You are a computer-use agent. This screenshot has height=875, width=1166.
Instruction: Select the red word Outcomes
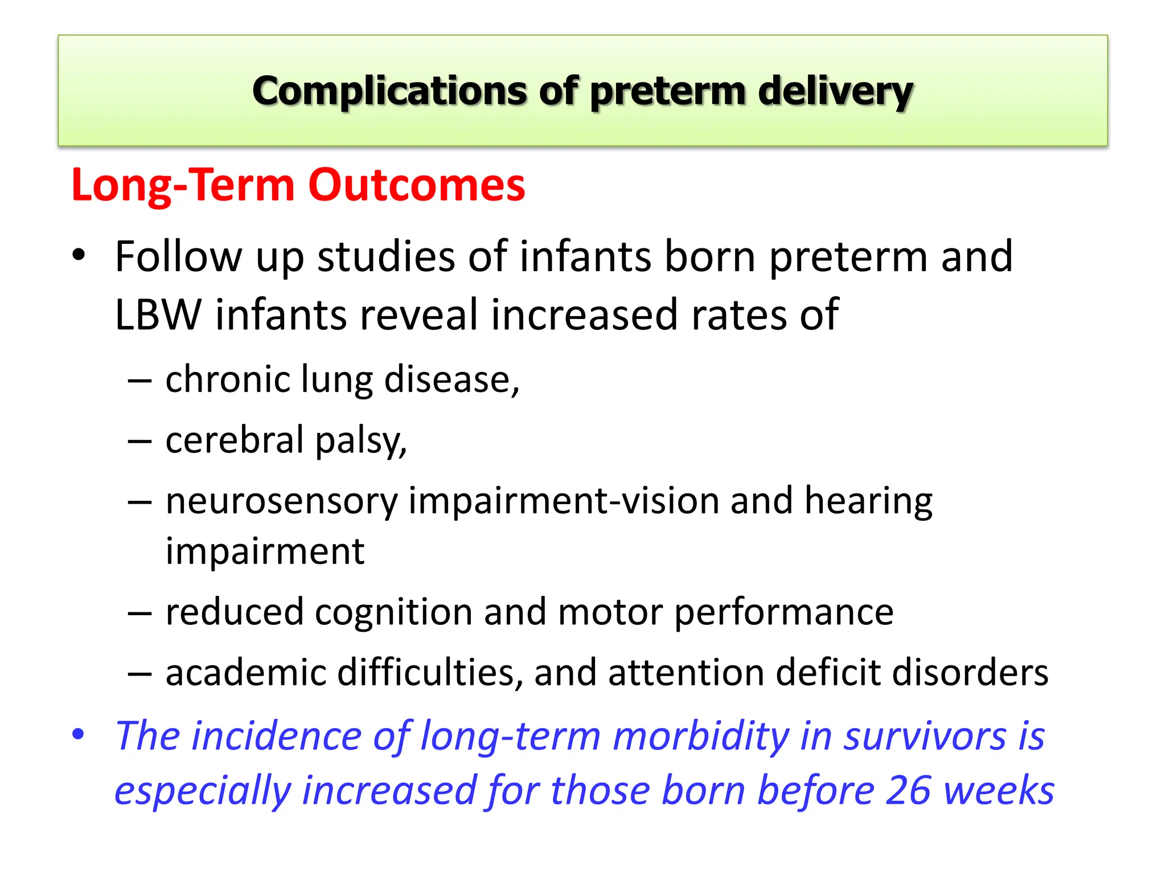(416, 185)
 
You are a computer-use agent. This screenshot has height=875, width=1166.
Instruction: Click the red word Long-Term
(183, 185)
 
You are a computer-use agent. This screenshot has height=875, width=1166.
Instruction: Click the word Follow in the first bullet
(178, 257)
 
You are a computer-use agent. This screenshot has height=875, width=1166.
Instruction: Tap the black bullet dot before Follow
(79, 254)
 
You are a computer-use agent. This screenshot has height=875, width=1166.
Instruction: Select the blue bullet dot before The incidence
(79, 734)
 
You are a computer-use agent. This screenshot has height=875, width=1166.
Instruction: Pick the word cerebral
(235, 440)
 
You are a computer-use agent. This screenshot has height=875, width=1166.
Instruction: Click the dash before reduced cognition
(139, 614)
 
